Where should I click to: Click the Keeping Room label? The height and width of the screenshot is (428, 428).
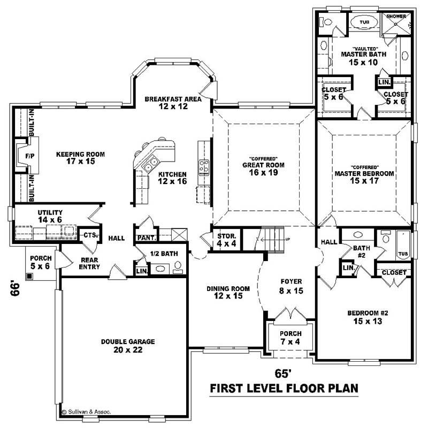coord(80,158)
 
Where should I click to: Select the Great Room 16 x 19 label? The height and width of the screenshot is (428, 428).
coord(263,169)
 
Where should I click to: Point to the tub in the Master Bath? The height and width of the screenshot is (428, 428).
coord(364,22)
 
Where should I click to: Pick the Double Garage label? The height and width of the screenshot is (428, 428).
coord(127,345)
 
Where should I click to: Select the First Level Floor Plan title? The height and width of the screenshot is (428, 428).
coord(284,387)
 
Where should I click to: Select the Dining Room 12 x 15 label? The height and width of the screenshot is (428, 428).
coord(225,292)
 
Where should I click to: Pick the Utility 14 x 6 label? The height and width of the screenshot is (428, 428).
coord(50,216)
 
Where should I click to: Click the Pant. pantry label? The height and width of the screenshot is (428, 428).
coord(146,238)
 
